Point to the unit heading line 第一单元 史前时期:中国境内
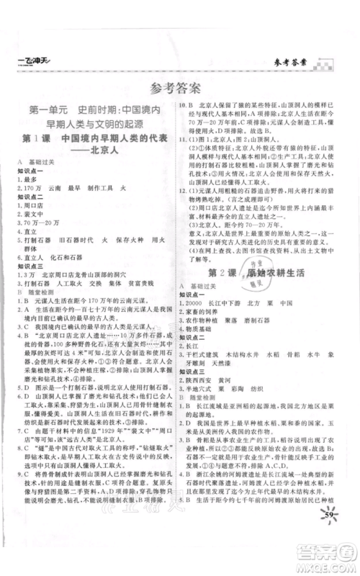(x=95, y=112)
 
